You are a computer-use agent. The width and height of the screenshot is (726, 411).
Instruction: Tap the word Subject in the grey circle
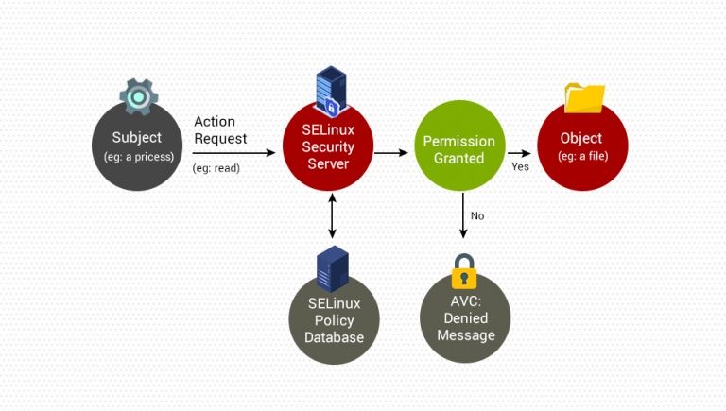137,137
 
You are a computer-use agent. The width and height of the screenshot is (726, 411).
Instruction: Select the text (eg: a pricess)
138,157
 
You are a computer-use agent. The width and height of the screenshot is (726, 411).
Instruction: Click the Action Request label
220,130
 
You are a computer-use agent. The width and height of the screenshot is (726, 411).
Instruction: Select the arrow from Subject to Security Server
236,151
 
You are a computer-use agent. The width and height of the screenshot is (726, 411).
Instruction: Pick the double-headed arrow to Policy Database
331,215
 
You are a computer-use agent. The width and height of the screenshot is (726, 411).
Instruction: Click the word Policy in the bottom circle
334,320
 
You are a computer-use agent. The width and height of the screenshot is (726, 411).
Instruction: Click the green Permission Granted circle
458,150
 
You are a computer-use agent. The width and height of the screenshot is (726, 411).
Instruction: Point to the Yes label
520,166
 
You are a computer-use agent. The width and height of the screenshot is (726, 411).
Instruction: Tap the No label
477,215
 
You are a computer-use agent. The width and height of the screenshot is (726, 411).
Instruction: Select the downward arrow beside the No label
463,215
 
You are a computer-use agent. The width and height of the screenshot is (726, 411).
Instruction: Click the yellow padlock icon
464,271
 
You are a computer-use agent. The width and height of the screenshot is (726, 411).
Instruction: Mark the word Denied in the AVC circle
465,318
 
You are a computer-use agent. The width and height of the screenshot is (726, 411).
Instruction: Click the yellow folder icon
584,97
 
